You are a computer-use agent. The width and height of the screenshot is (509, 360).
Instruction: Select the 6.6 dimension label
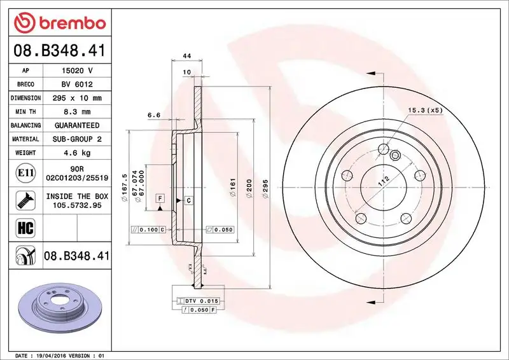(153, 115)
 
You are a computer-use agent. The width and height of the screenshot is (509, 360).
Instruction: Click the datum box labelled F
(160, 199)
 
